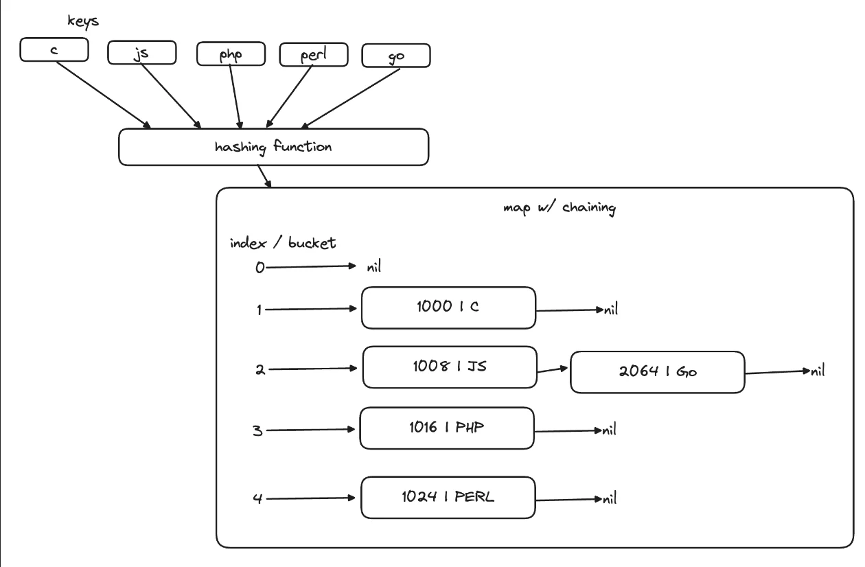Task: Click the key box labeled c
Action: tap(54, 49)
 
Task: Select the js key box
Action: tap(142, 52)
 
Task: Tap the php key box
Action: tap(230, 54)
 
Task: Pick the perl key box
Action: tap(313, 54)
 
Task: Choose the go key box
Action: tap(395, 56)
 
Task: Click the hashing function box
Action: tap(273, 147)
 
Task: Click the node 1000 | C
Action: tap(448, 308)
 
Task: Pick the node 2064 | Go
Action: tap(657, 373)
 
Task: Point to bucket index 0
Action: tap(259, 268)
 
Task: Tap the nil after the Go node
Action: tap(816, 371)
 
